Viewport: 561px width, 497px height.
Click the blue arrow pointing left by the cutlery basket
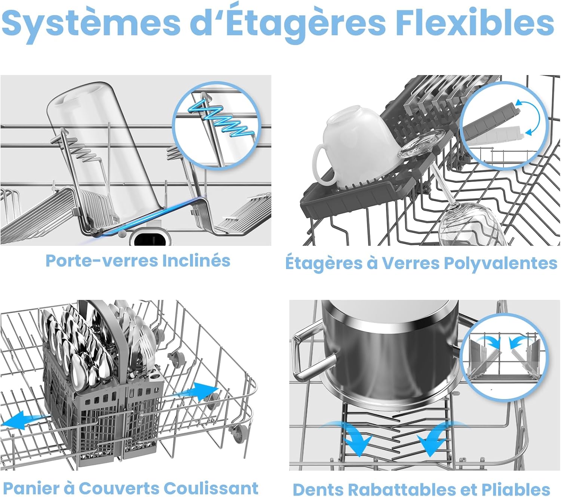25,420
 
